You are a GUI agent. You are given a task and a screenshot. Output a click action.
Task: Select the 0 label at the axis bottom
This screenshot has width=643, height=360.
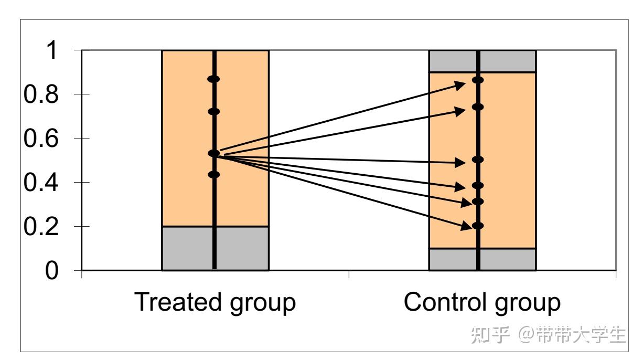point(52,271)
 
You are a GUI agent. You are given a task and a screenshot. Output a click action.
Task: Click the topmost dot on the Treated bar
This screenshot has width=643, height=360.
point(213,79)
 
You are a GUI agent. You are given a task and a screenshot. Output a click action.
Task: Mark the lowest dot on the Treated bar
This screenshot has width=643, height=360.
point(213,175)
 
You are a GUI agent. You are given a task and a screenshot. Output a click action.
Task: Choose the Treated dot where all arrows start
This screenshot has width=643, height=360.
point(213,153)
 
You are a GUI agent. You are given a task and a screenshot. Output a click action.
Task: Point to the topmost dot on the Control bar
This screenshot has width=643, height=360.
point(478,80)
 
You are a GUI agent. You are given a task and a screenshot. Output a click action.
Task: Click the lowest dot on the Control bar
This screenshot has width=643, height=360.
point(478,226)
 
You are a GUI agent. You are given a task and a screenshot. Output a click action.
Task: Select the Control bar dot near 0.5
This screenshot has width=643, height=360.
point(478,159)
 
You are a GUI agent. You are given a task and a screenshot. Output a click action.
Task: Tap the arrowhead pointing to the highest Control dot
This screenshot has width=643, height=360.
point(460,84)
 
